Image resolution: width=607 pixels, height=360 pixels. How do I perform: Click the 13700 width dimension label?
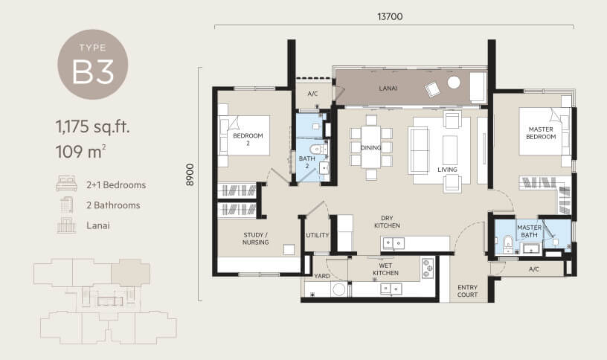coord(390,16)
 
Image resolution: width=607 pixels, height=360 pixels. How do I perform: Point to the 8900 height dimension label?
coord(190,175)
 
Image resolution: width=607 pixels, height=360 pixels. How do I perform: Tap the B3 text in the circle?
coord(93,72)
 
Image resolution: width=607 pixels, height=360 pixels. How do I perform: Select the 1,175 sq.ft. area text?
coord(93,126)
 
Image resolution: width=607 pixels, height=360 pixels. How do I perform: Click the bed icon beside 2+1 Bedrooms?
coord(66,184)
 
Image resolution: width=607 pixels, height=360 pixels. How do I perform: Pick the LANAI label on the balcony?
coord(388,89)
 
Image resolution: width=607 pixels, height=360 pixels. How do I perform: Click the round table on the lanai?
coord(454,82)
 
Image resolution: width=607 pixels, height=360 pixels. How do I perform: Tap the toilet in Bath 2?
coord(318,150)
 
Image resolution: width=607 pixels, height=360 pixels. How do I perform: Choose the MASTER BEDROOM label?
coord(541,133)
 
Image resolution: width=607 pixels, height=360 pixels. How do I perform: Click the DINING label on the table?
coord(371,147)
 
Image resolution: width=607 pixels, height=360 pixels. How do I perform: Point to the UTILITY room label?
coord(318,235)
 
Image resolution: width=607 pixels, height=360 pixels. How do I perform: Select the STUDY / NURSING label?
coord(255,239)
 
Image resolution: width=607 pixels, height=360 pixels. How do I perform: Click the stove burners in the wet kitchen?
coord(428,268)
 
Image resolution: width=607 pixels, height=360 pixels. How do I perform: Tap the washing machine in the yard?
coord(339,289)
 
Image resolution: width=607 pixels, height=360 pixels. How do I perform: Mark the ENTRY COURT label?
coord(467,291)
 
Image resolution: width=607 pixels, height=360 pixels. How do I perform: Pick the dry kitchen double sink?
coord(394,243)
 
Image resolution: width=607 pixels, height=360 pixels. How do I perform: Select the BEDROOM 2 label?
coord(248,139)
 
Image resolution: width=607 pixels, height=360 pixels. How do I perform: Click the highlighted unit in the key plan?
coord(130,272)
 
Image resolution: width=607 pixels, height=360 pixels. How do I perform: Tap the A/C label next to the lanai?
coord(312,94)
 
